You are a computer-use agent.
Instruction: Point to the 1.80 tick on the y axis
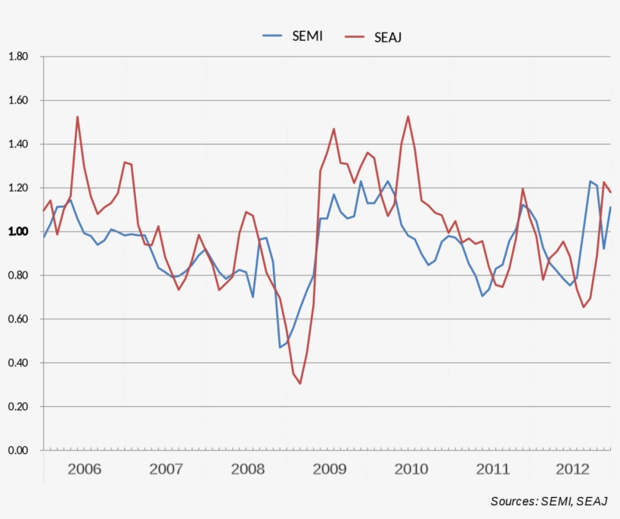(x=17, y=57)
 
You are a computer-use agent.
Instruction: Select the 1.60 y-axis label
(x=17, y=101)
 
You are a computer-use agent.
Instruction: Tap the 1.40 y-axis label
(x=17, y=145)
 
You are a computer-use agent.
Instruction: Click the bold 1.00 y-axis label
(x=17, y=232)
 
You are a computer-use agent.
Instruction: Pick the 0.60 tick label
(x=17, y=319)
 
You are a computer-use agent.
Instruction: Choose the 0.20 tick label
(x=17, y=407)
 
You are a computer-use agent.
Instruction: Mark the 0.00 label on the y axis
(x=17, y=451)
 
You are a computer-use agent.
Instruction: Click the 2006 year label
(x=84, y=469)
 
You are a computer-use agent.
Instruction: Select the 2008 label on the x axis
(x=248, y=469)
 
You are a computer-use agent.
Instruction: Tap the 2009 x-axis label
(x=330, y=469)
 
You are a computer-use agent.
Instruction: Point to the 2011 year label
(x=493, y=469)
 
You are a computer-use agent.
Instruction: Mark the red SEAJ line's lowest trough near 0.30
(x=300, y=384)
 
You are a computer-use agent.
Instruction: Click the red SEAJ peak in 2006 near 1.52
(x=77, y=117)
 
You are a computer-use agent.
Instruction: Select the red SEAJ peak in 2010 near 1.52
(x=408, y=117)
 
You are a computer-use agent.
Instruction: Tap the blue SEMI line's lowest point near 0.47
(x=280, y=347)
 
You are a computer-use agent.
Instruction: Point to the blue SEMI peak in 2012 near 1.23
(x=590, y=181)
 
